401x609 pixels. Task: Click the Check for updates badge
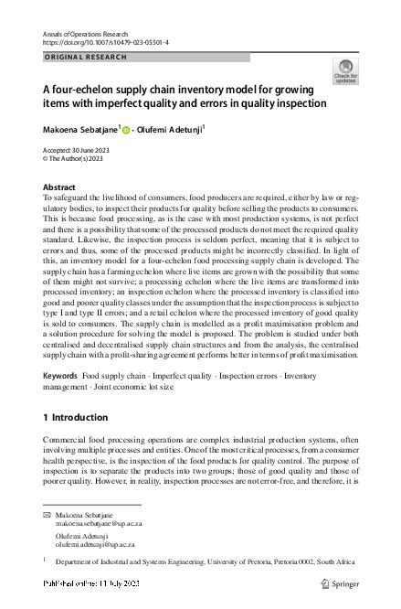click(x=346, y=71)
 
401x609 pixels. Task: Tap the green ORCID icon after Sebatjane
click(x=127, y=129)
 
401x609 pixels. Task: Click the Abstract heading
click(x=59, y=186)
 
